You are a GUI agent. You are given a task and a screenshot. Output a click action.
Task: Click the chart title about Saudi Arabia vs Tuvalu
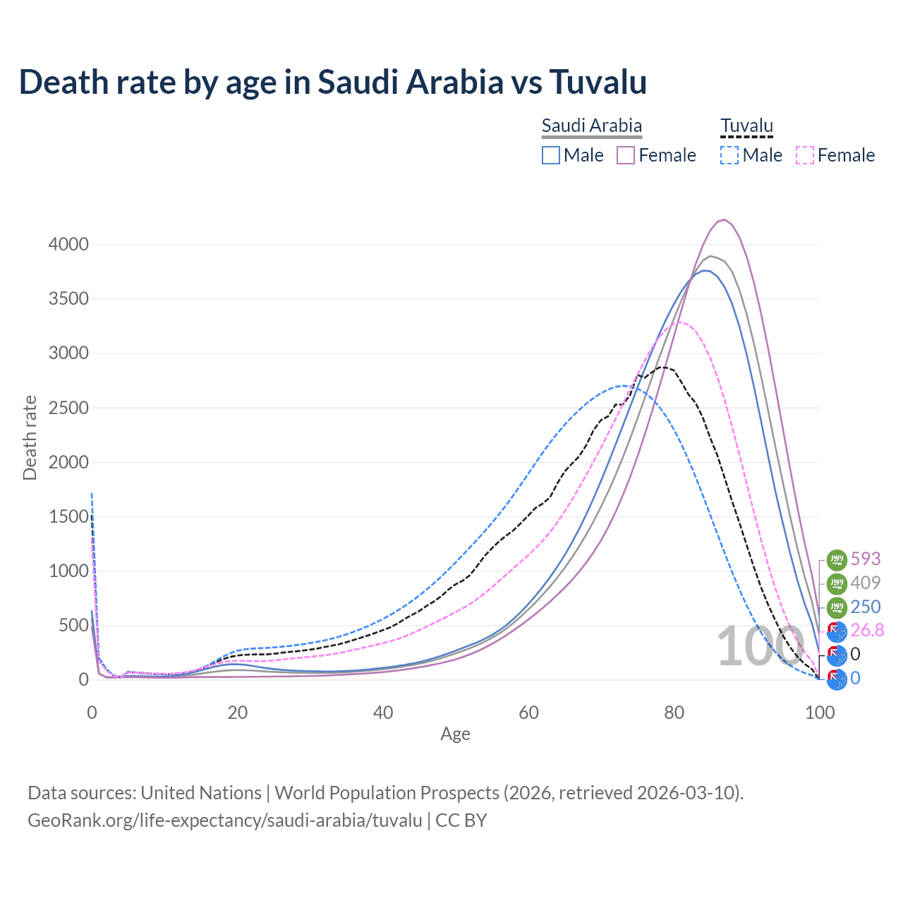[x=332, y=82]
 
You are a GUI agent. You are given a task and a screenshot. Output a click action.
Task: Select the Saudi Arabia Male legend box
[x=551, y=155]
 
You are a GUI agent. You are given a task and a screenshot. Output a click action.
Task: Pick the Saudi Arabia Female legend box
[x=626, y=155]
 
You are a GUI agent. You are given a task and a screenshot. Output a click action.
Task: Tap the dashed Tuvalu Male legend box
[x=729, y=155]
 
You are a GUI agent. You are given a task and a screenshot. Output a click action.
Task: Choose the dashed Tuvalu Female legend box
[x=805, y=155]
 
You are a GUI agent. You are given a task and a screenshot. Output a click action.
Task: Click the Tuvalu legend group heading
[x=746, y=126]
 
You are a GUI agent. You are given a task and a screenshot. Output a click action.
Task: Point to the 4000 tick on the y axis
[x=68, y=245]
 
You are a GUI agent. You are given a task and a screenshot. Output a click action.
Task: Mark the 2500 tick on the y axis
[x=68, y=408]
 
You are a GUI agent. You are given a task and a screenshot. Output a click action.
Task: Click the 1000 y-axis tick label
[x=68, y=571]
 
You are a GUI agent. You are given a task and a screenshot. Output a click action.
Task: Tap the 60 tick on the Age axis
[x=528, y=713]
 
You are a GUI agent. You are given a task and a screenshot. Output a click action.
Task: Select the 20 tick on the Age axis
[x=238, y=713]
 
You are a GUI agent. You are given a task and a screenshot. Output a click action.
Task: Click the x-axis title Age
[x=455, y=734]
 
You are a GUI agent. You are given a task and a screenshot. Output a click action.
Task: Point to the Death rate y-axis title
[x=30, y=437]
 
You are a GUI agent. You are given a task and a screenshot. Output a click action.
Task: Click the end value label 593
[x=866, y=559]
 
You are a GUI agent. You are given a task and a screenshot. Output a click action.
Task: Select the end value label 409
[x=866, y=583]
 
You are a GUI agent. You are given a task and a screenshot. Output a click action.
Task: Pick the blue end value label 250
[x=866, y=607]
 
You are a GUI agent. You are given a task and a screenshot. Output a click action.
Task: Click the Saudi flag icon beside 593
[x=837, y=559]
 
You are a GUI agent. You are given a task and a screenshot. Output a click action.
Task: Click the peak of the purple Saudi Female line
[x=725, y=219]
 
